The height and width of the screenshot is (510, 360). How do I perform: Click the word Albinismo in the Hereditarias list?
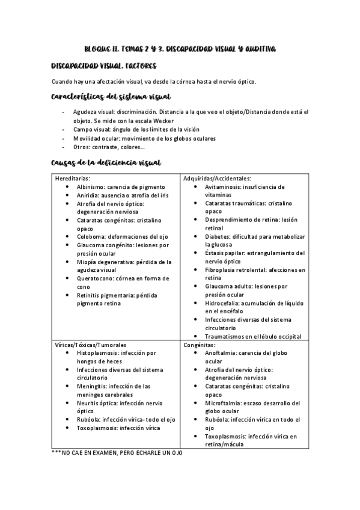[x=91, y=187]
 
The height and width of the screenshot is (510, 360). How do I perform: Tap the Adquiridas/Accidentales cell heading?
[x=217, y=179]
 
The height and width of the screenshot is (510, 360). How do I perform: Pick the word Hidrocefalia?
[x=222, y=303]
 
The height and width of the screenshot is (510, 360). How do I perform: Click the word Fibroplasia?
[x=222, y=270]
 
